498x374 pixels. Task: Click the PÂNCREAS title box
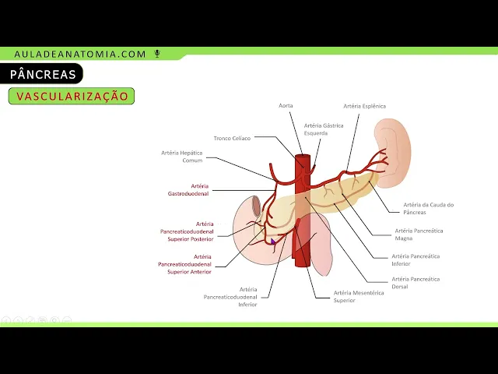pyautogui.click(x=44, y=75)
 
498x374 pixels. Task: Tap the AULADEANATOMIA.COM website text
pyautogui.click(x=80, y=54)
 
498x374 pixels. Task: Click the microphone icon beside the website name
pyautogui.click(x=157, y=54)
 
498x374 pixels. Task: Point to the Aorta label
pyautogui.click(x=286, y=105)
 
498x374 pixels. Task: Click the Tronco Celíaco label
pyautogui.click(x=233, y=138)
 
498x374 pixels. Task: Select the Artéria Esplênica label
pyautogui.click(x=364, y=106)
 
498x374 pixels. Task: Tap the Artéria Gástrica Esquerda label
pyautogui.click(x=324, y=129)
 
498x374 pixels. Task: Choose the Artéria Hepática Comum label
pyautogui.click(x=182, y=156)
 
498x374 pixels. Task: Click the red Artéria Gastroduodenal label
pyautogui.click(x=188, y=189)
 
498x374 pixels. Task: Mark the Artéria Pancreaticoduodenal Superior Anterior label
pyautogui.click(x=186, y=263)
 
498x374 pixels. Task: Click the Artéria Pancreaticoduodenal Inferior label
pyautogui.click(x=230, y=296)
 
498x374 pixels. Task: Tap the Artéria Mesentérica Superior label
pyautogui.click(x=354, y=296)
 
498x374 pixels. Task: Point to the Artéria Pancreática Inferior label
pyautogui.click(x=416, y=259)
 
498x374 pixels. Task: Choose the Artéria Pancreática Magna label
pyautogui.click(x=419, y=235)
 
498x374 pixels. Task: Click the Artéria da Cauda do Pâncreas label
pyautogui.click(x=428, y=209)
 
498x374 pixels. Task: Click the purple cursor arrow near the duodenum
pyautogui.click(x=273, y=242)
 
